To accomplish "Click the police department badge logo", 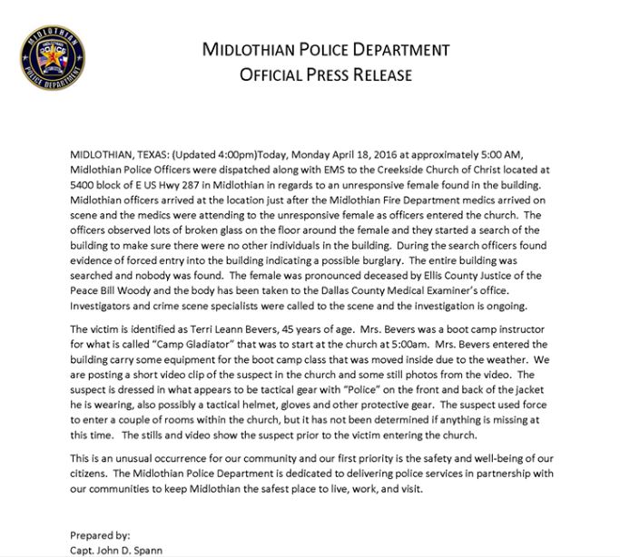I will tap(52, 57).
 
